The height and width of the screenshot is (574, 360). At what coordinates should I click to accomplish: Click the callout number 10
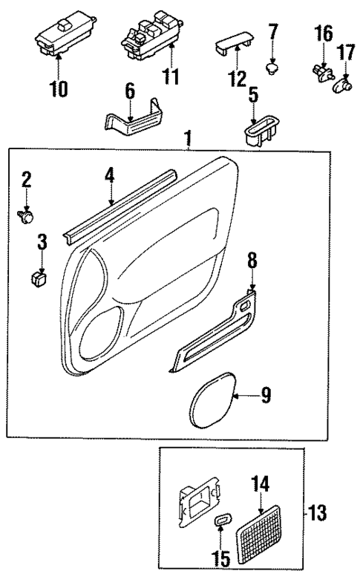[x=58, y=90]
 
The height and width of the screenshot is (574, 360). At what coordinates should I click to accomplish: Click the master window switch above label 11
[x=153, y=37]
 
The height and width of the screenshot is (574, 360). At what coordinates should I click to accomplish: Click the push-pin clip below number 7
[x=272, y=68]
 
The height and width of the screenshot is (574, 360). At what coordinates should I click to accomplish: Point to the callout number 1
[x=189, y=138]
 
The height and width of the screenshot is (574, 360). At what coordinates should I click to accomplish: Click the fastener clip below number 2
[x=27, y=215]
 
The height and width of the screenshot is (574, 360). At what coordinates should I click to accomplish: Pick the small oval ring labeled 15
[x=222, y=521]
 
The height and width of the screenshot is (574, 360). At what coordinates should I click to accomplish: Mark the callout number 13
[x=317, y=512]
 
